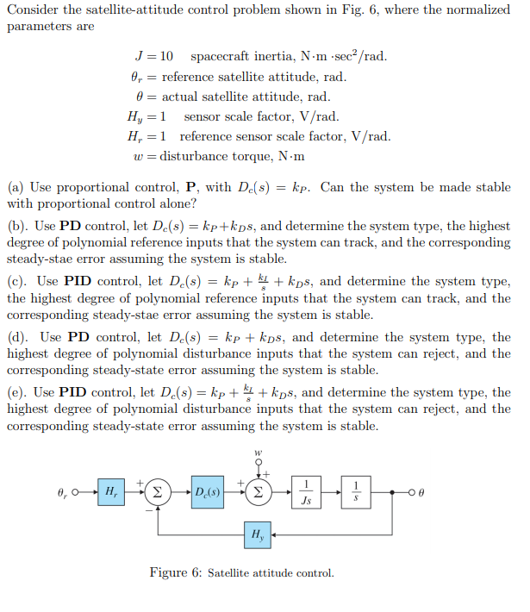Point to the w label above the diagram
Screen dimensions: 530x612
(x=256, y=451)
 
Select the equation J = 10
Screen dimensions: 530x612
(x=159, y=57)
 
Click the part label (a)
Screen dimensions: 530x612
(x=16, y=186)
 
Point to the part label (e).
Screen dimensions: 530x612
(x=16, y=392)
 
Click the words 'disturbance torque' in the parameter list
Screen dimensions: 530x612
(x=219, y=156)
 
